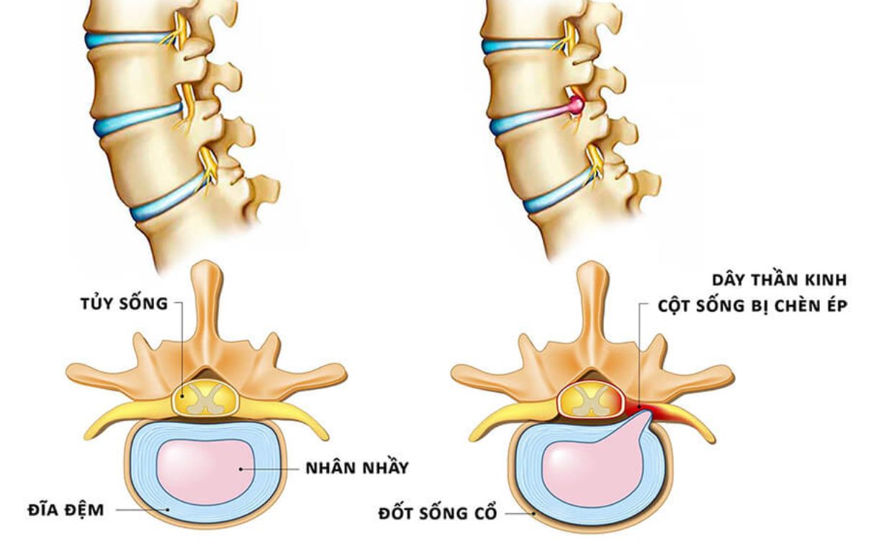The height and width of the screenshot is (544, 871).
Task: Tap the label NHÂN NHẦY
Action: tap(356, 468)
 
